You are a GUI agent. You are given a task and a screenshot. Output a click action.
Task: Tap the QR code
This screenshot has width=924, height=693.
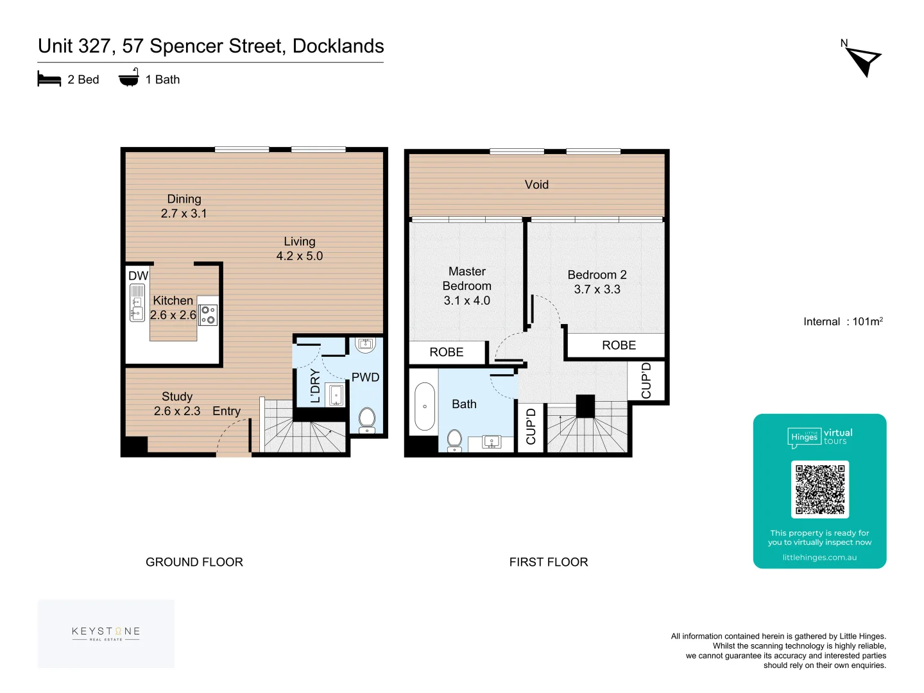pyautogui.click(x=819, y=489)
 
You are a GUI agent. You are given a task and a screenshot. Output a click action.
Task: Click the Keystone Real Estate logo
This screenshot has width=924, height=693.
pyautogui.click(x=106, y=633)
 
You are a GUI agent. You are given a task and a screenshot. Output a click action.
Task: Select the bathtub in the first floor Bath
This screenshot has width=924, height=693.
pyautogui.click(x=424, y=406)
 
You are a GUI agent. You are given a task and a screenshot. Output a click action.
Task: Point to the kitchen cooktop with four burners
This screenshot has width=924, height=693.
pyautogui.click(x=208, y=314)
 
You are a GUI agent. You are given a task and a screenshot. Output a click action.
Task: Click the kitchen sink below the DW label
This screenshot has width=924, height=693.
pyautogui.click(x=137, y=302)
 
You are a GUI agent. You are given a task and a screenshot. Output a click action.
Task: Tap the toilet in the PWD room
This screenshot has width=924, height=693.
pyautogui.click(x=366, y=420)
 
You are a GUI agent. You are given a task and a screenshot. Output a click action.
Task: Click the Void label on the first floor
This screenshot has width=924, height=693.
pyautogui.click(x=536, y=184)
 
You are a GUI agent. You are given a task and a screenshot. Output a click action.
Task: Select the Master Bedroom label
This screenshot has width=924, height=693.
pyautogui.click(x=467, y=278)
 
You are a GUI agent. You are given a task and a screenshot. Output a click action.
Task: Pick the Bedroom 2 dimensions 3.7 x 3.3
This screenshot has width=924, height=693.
pyautogui.click(x=597, y=289)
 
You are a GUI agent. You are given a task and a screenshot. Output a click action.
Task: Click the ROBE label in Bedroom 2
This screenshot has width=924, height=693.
pyautogui.click(x=619, y=345)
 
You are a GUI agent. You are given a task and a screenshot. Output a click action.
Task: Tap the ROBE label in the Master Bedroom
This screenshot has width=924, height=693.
pyautogui.click(x=446, y=352)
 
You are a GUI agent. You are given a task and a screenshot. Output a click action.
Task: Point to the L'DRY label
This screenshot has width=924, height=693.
pyautogui.click(x=315, y=386)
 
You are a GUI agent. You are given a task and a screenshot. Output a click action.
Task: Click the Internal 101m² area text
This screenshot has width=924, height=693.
pyautogui.click(x=843, y=321)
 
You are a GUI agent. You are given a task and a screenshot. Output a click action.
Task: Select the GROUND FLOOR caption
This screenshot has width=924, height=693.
pyautogui.click(x=194, y=561)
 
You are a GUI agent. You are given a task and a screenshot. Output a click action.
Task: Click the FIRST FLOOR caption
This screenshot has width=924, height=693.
pyautogui.click(x=548, y=561)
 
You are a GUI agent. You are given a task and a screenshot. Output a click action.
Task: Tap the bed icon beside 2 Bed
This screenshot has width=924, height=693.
pyautogui.click(x=49, y=79)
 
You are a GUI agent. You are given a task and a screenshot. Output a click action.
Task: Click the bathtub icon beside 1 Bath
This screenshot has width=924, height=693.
pyautogui.click(x=128, y=77)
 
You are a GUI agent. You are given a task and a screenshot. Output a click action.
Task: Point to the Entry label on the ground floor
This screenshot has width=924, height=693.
pyautogui.click(x=227, y=411)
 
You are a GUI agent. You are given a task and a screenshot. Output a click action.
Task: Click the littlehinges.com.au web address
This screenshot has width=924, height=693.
pyautogui.click(x=819, y=557)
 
